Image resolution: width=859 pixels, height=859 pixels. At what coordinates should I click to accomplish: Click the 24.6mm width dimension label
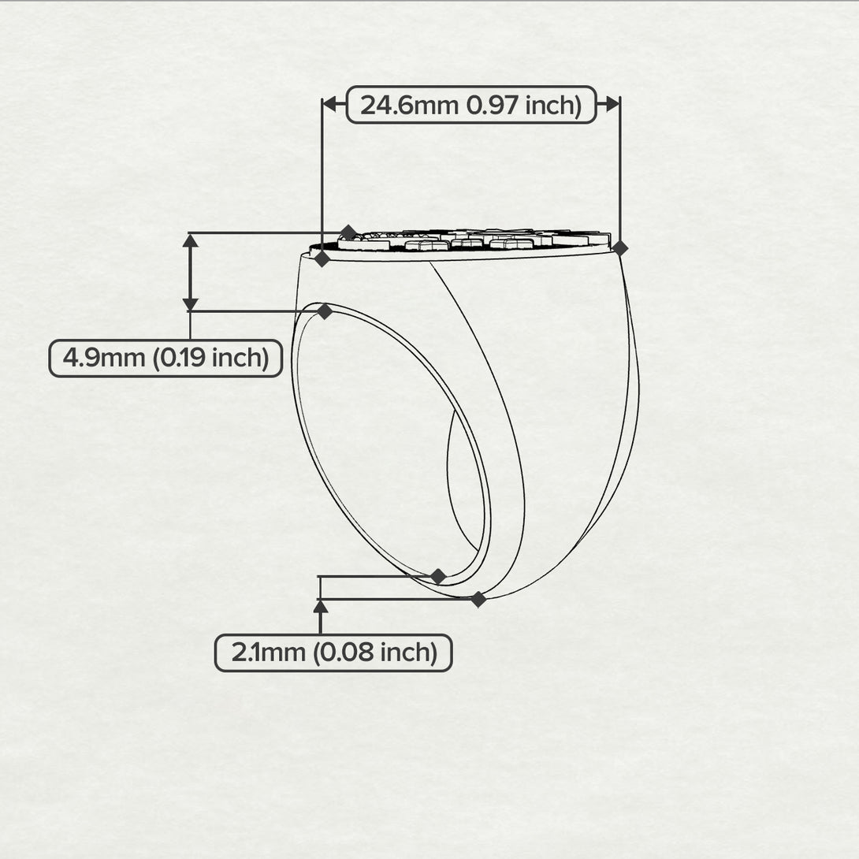471,105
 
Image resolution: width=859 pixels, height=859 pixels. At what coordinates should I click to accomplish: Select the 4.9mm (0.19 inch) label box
165,359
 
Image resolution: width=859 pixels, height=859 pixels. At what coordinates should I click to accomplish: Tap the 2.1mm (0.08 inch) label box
333,653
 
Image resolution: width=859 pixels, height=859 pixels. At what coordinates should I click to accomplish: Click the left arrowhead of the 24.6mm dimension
329,104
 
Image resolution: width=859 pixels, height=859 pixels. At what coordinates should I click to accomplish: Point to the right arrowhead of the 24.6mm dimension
613,104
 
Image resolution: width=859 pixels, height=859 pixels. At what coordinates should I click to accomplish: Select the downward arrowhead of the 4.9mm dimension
190,304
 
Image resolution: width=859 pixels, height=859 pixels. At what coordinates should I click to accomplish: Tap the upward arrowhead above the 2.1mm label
321,607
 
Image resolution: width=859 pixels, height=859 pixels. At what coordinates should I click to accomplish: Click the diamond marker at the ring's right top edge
619,248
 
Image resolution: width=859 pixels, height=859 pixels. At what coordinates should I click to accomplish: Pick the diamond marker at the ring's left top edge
322,258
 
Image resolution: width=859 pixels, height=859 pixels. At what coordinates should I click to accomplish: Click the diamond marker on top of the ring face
348,232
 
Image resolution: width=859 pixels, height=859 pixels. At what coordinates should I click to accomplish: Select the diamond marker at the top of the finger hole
325,311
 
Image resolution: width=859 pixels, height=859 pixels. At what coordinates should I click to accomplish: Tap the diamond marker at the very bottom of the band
478,599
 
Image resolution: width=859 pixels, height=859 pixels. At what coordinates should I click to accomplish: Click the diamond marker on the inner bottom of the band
438,576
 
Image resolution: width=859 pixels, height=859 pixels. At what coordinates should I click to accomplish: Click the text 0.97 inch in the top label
524,105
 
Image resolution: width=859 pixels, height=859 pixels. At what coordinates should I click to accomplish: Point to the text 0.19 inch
211,359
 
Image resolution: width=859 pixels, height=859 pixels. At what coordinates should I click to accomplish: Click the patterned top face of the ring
471,241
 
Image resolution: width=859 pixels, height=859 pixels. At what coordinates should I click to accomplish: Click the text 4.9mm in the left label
103,359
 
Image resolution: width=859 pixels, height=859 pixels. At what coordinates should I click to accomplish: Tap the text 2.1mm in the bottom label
268,653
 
